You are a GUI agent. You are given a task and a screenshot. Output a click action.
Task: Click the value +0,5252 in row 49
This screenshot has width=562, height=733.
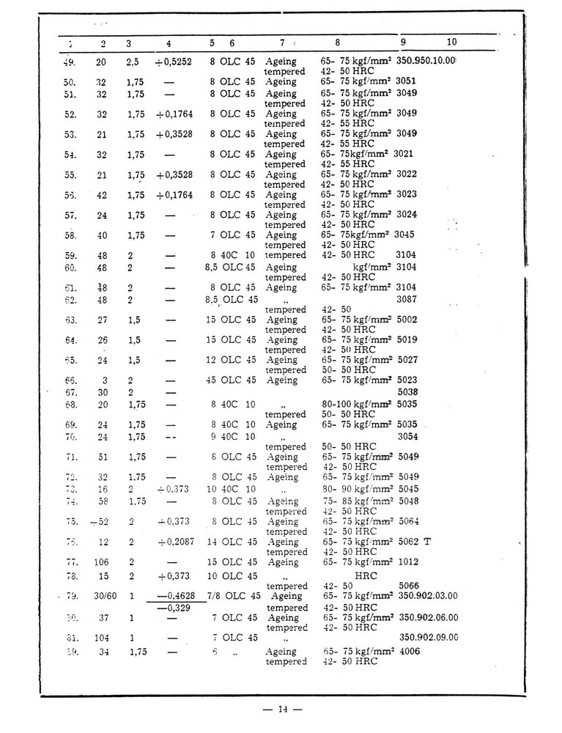[x=173, y=62]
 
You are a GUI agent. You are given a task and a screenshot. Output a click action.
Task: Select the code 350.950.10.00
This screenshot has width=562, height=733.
[x=426, y=62]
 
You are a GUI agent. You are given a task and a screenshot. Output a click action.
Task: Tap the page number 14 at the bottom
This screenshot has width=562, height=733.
[x=282, y=709]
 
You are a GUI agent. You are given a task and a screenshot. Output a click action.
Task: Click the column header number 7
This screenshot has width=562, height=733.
[x=281, y=43]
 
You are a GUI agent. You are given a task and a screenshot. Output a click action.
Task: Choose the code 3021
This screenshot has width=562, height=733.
[x=407, y=155]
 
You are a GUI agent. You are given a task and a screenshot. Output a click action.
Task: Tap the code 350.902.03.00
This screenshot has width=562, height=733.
[x=429, y=596]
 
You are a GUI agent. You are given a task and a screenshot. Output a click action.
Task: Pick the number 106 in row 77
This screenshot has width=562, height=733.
[x=101, y=562]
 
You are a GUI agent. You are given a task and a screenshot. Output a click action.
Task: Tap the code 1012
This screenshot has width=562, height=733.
[x=408, y=562]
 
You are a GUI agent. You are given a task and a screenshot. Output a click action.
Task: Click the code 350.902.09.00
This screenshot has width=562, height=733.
[x=429, y=637]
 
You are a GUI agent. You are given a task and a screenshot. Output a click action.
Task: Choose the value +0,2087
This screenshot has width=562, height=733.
[x=174, y=542]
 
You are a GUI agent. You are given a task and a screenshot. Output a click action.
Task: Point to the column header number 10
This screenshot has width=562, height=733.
[x=451, y=43]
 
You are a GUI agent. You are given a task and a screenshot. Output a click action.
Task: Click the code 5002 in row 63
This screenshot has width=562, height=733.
[x=408, y=320]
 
